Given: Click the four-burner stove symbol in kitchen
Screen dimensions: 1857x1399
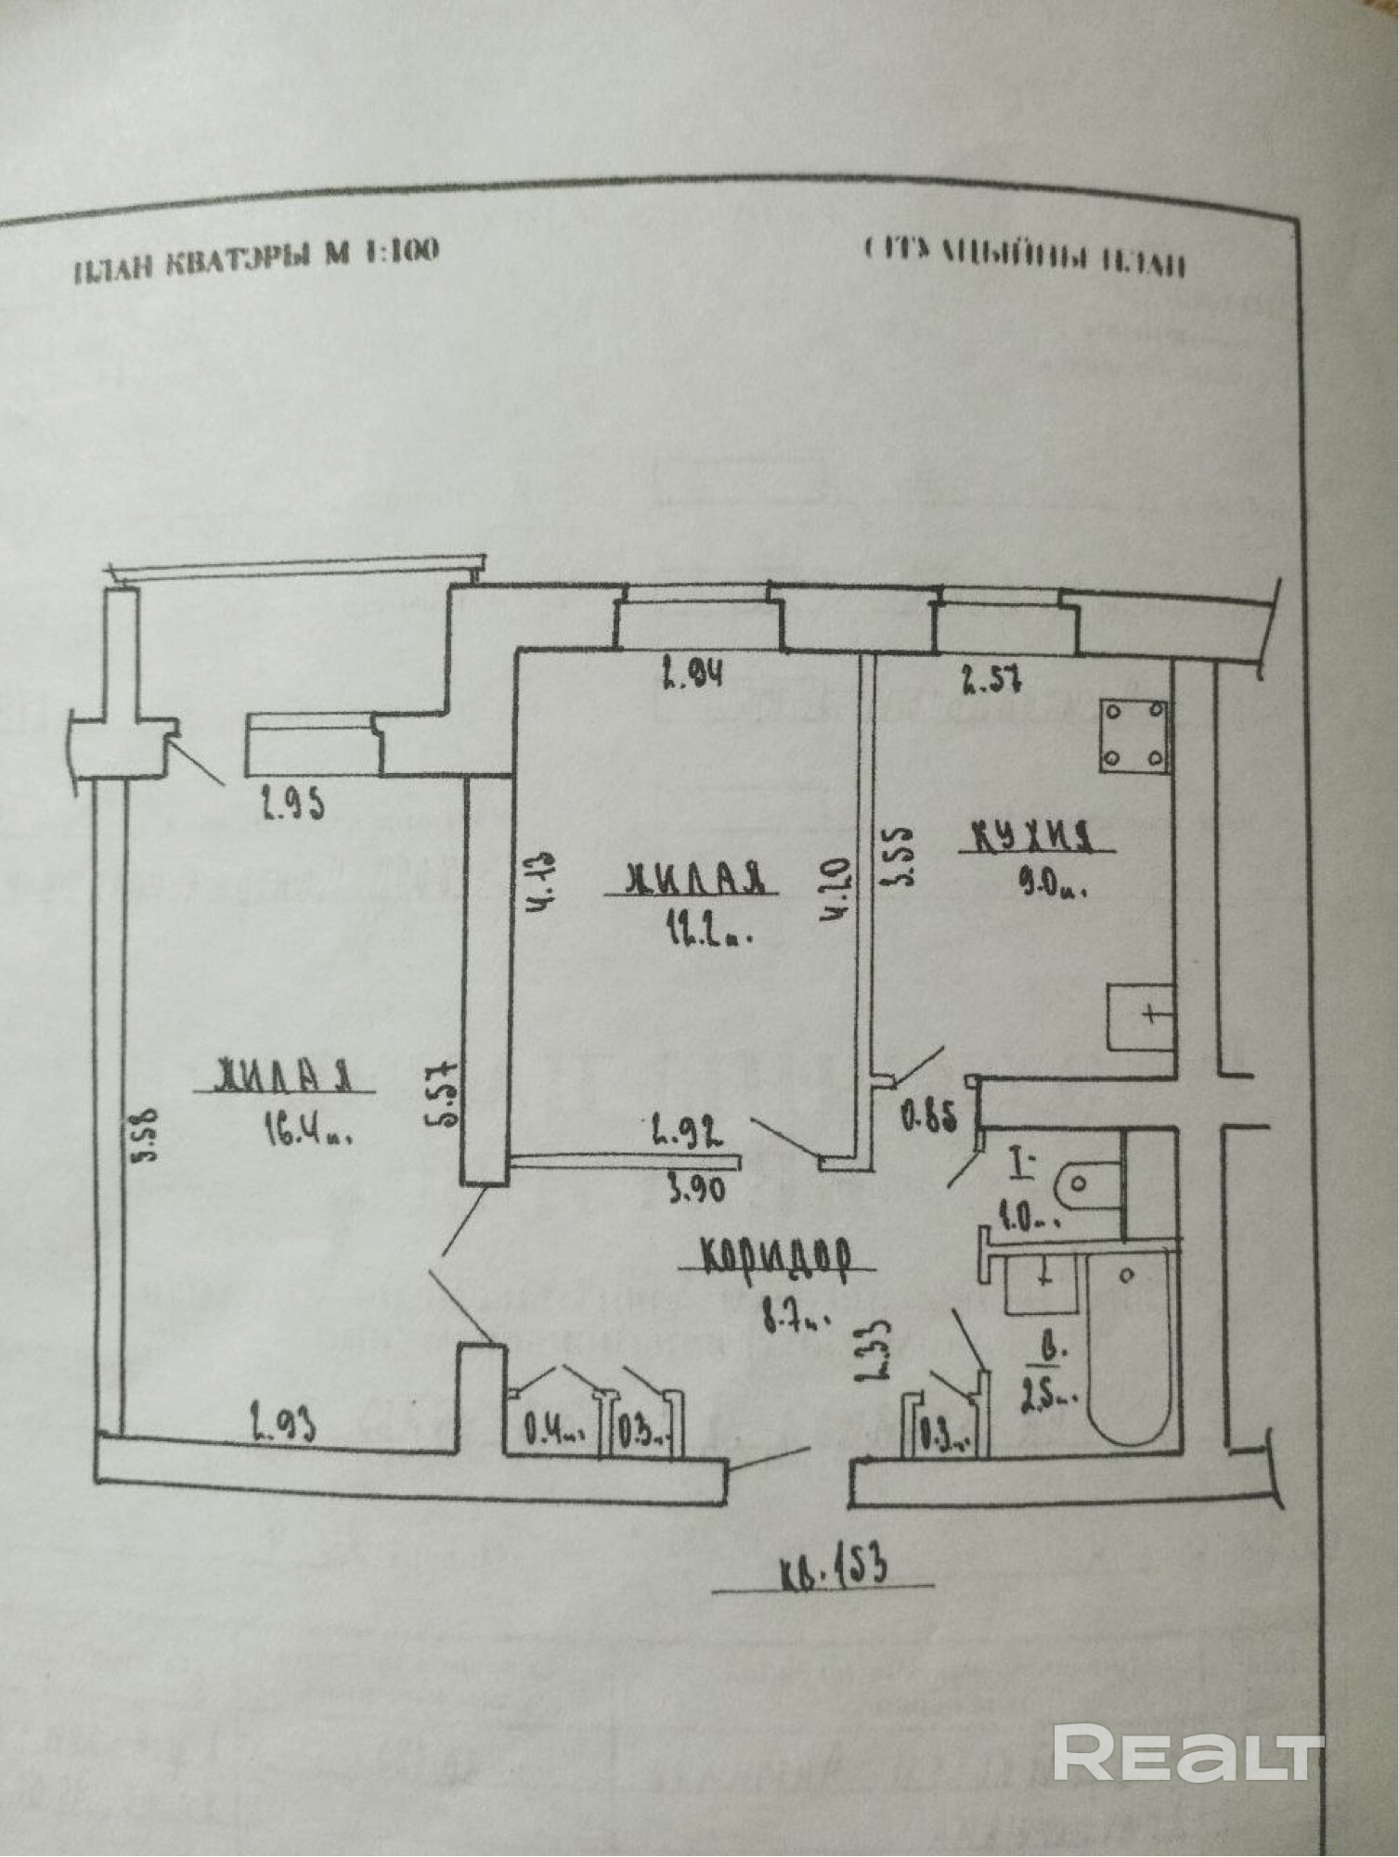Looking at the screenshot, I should click(1133, 735).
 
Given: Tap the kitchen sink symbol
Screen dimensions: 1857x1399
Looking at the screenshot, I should click(1141, 1017).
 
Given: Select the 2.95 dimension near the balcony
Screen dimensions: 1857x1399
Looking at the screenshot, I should click(292, 804).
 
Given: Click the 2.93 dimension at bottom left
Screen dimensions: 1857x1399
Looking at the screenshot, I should click(280, 1424).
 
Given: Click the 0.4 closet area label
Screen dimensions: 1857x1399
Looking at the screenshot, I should click(553, 1430).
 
